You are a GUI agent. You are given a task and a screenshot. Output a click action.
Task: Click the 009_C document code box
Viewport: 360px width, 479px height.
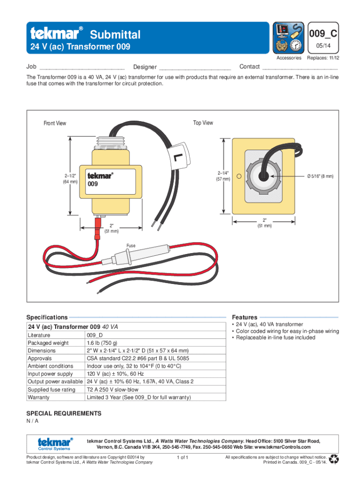pyautogui.click(x=324, y=34)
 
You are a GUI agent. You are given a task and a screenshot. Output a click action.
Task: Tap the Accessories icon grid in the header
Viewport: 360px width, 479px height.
pyautogui.click(x=288, y=37)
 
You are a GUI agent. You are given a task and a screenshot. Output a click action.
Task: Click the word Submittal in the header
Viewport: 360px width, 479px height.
pyautogui.click(x=115, y=34)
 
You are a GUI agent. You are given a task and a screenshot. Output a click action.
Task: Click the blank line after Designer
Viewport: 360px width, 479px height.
pyautogui.click(x=195, y=68)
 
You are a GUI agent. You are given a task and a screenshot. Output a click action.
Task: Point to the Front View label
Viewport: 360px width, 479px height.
pyautogui.click(x=55, y=123)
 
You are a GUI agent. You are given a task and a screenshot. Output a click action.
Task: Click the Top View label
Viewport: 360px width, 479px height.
pyautogui.click(x=203, y=123)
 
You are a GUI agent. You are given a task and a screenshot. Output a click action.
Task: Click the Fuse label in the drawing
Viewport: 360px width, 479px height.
pyautogui.click(x=131, y=246)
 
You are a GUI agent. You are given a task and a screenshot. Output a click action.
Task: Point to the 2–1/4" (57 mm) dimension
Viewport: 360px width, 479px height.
pyautogui.click(x=223, y=175)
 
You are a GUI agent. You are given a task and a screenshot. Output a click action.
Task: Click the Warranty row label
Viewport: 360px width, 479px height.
pyautogui.click(x=38, y=397)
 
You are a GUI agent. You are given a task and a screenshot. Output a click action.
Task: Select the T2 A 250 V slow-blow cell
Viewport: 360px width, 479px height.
pyautogui.click(x=113, y=389)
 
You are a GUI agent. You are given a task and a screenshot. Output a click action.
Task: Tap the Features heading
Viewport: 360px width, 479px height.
pyautogui.click(x=243, y=317)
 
